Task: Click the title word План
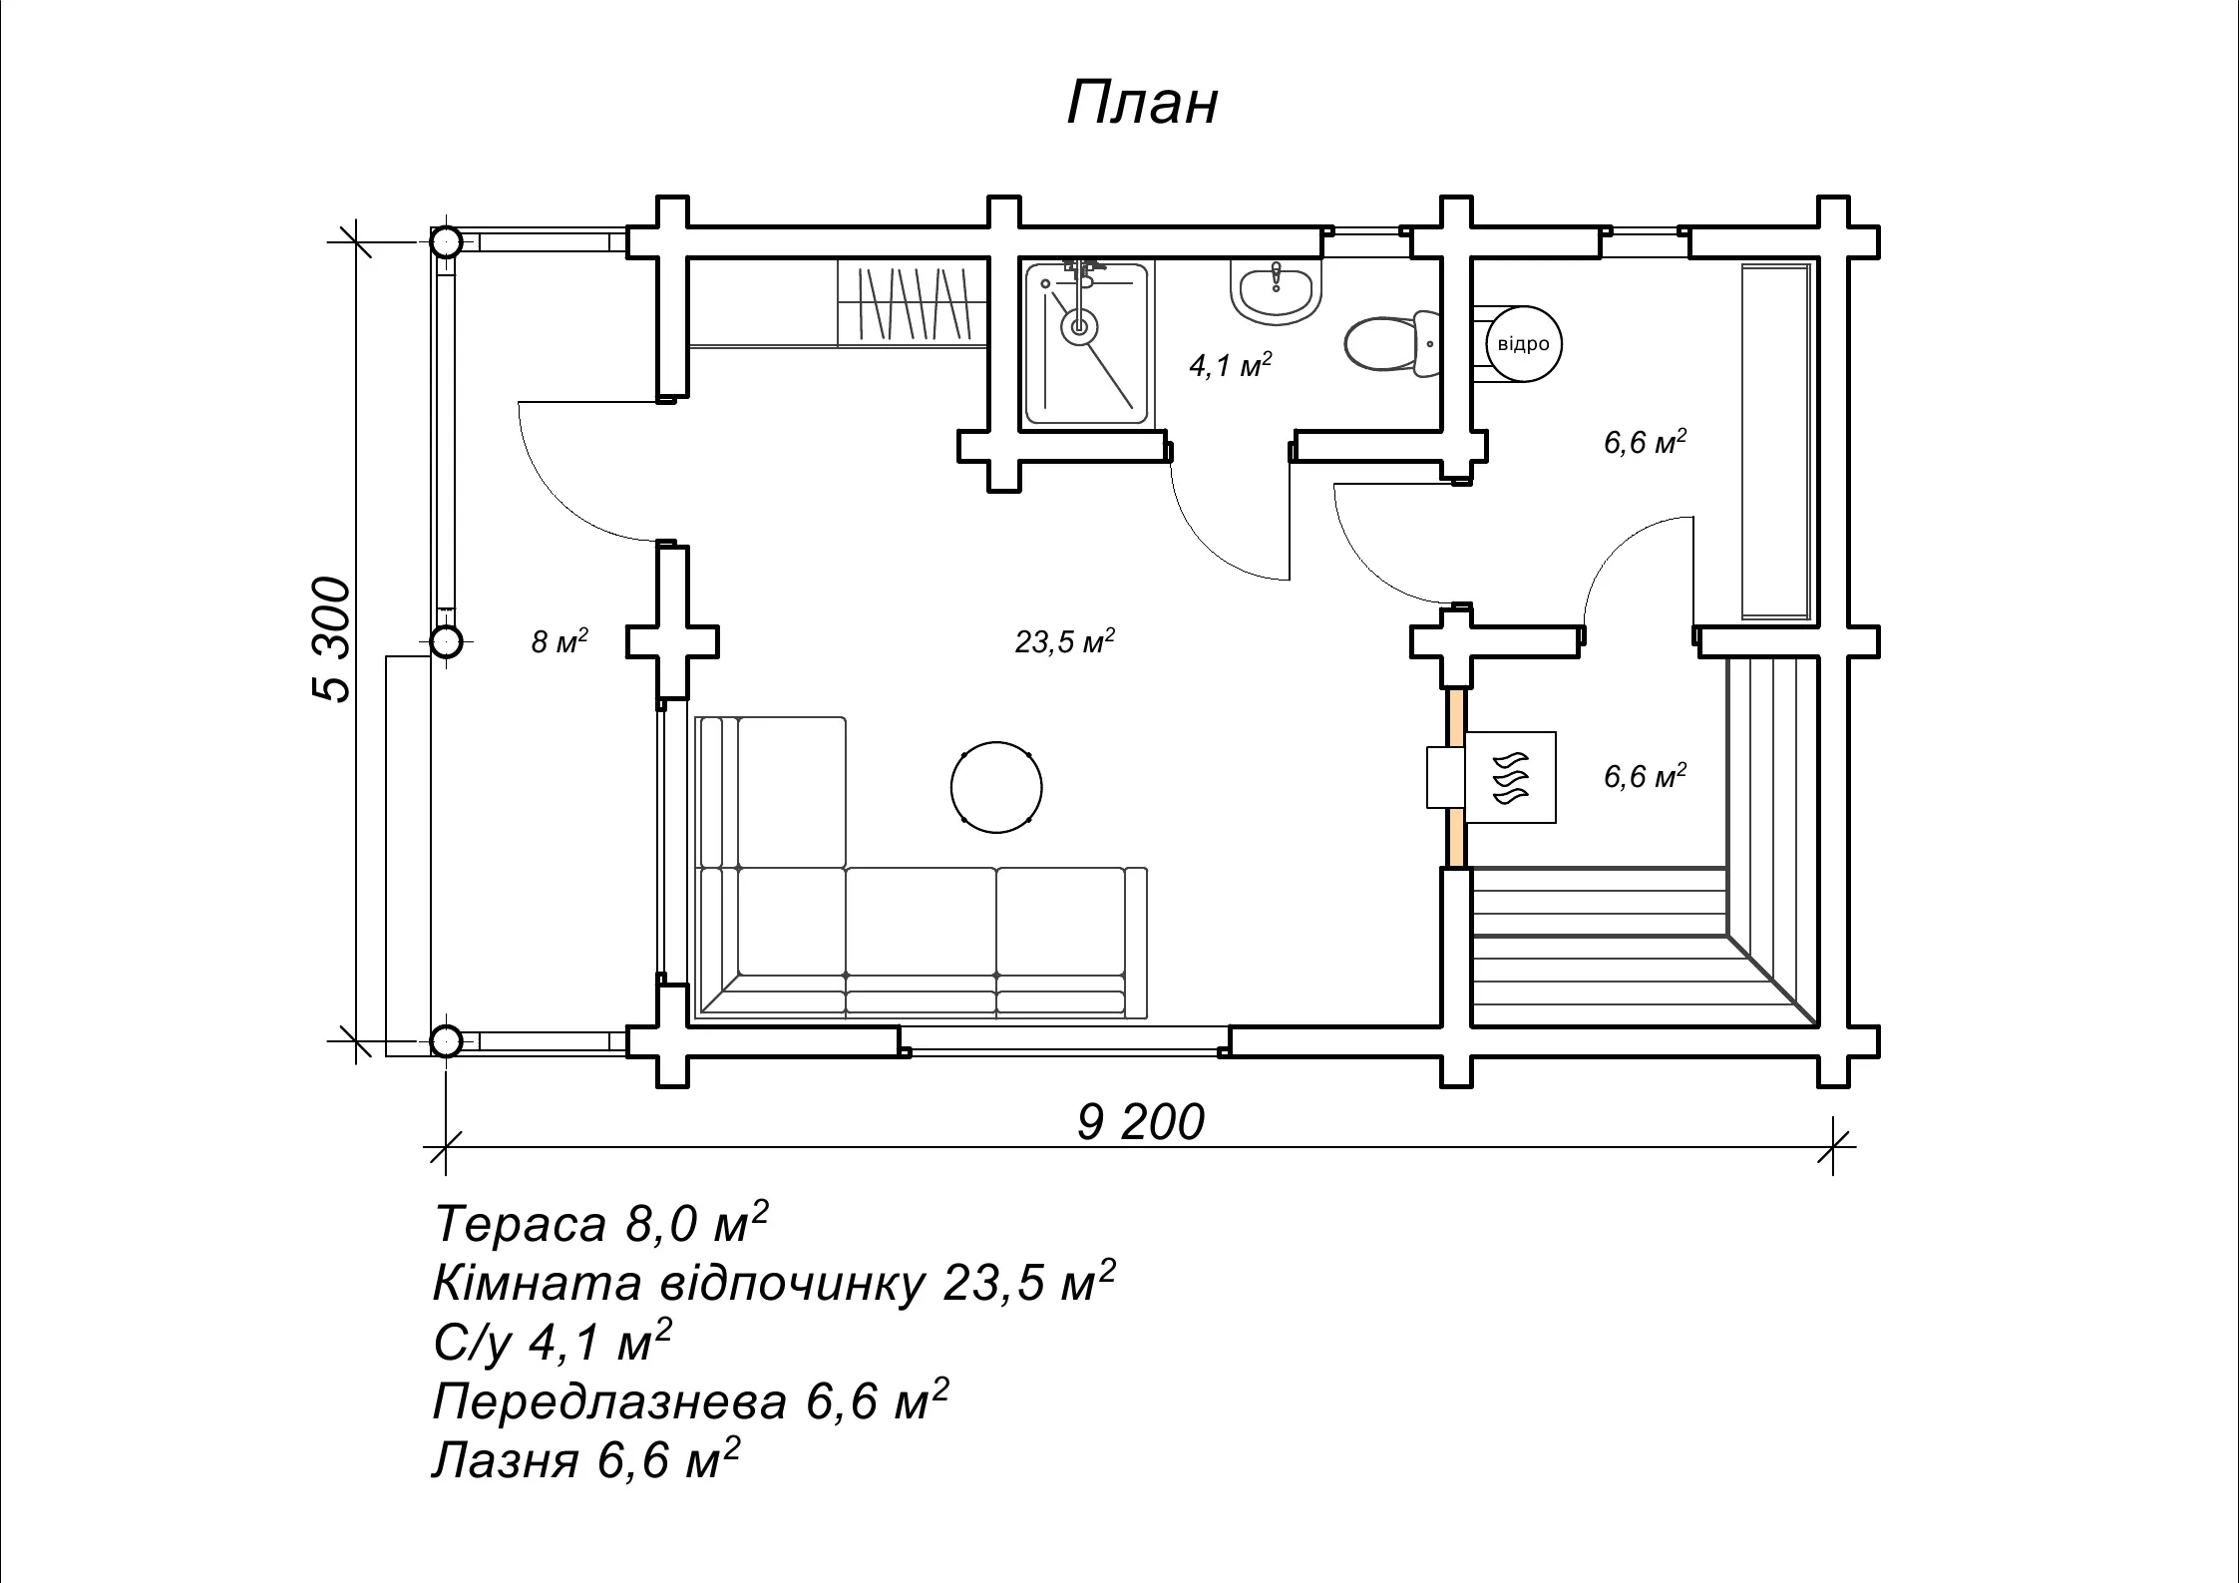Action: [1142, 103]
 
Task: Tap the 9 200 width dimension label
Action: [1141, 1122]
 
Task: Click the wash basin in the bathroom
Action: [1277, 291]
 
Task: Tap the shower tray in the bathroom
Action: [1086, 342]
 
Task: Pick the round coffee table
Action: [996, 787]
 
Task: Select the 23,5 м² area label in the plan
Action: [1065, 641]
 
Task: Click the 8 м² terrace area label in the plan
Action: [560, 640]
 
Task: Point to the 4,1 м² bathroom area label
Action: [1231, 365]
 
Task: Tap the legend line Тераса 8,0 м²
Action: [601, 1223]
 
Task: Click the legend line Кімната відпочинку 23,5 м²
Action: [774, 1282]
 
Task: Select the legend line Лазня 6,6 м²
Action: [586, 1459]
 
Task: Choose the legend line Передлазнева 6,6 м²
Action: [690, 1400]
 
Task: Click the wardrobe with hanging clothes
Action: [913, 303]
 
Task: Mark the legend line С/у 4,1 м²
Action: [553, 1342]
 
